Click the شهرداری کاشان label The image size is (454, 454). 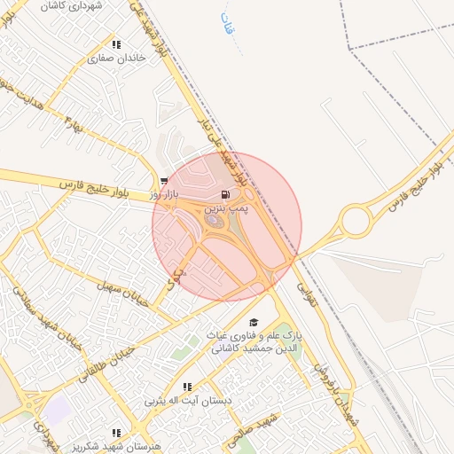pos(97,5)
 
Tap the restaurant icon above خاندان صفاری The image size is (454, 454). pos(115,44)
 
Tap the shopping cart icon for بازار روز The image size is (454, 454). pos(164,180)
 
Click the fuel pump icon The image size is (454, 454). pos(226,194)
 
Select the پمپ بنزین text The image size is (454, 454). pos(226,208)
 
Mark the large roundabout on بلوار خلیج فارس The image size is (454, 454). pos(355,221)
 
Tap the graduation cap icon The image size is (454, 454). pos(254,323)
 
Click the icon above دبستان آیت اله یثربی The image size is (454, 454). pos(187,387)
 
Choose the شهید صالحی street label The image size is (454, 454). pos(257,427)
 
